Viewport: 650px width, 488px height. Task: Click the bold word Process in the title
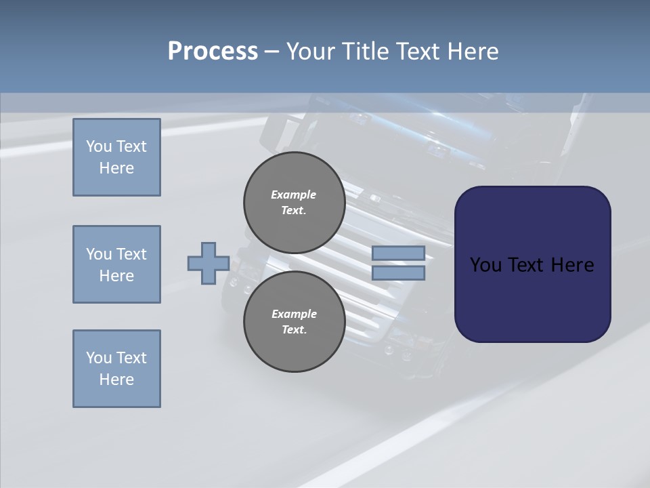[x=213, y=52]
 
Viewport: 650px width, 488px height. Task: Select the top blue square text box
[x=116, y=157]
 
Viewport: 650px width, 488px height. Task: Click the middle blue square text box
[x=116, y=264]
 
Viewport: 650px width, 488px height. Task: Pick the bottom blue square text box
[x=116, y=369]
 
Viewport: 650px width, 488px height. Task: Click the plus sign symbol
[x=208, y=263]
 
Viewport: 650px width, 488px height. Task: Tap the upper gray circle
[x=294, y=203]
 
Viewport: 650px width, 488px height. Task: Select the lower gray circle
[x=294, y=322]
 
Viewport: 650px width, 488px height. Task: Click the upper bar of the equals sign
[x=398, y=253]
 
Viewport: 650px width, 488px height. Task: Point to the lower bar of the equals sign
[x=398, y=273]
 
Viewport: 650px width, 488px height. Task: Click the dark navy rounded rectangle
[x=532, y=264]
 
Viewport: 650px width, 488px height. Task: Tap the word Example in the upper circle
[x=294, y=195]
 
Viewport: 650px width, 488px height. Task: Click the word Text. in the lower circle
[x=294, y=330]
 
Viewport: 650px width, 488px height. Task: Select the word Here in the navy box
[x=572, y=265]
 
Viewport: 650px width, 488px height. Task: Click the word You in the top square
[x=99, y=146]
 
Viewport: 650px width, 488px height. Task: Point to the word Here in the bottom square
[x=116, y=380]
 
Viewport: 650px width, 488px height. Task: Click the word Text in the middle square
[x=131, y=254]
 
